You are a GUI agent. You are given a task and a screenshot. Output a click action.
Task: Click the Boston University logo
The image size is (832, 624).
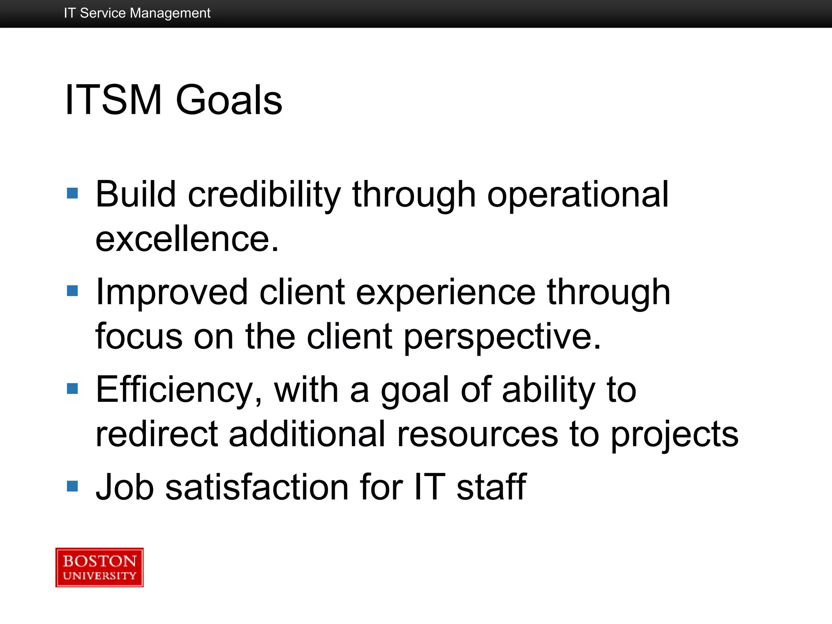(x=100, y=567)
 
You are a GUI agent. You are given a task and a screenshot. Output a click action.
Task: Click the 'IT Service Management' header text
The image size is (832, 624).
(x=137, y=13)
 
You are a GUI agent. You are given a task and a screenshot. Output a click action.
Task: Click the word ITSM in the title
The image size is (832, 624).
(x=113, y=100)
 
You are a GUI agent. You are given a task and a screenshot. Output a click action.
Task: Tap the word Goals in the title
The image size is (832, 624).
(x=229, y=100)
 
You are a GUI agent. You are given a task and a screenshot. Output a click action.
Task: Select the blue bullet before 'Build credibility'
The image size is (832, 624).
(x=72, y=193)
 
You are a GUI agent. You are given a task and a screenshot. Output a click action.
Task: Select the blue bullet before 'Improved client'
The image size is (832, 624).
(x=72, y=291)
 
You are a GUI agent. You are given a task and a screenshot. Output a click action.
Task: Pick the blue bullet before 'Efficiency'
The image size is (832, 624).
(x=72, y=389)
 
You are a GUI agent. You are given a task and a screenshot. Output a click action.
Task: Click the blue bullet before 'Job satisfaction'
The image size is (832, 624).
(x=72, y=486)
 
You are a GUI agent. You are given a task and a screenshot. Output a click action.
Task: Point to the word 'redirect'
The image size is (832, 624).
(x=156, y=434)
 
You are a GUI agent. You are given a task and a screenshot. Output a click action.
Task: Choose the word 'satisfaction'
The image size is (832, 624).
(x=257, y=487)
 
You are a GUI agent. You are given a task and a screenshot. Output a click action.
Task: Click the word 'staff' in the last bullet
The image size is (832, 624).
(x=491, y=487)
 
